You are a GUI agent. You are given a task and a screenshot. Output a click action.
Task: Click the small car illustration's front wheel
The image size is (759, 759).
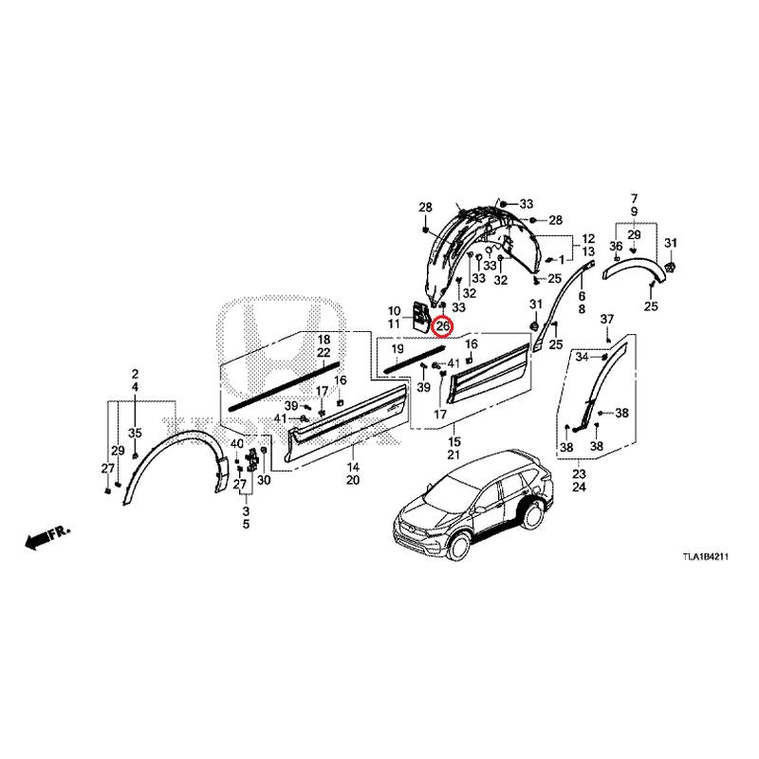click(x=458, y=547)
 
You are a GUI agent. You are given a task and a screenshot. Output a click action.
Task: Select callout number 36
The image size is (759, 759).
click(x=615, y=247)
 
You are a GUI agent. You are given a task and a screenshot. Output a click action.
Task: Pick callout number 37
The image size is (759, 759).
click(x=607, y=318)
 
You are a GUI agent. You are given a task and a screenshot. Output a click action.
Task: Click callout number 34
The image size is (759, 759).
click(x=583, y=357)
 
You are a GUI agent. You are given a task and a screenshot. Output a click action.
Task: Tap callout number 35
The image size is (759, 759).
click(x=135, y=434)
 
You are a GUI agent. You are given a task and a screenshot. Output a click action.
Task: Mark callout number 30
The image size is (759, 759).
click(x=264, y=481)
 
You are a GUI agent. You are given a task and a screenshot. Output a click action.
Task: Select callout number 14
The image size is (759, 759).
click(x=353, y=468)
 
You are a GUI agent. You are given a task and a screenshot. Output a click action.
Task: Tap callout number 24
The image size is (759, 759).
click(x=579, y=487)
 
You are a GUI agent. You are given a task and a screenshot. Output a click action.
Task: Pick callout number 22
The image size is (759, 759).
click(x=323, y=353)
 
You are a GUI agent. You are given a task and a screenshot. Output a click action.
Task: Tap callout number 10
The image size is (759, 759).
click(x=395, y=310)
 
